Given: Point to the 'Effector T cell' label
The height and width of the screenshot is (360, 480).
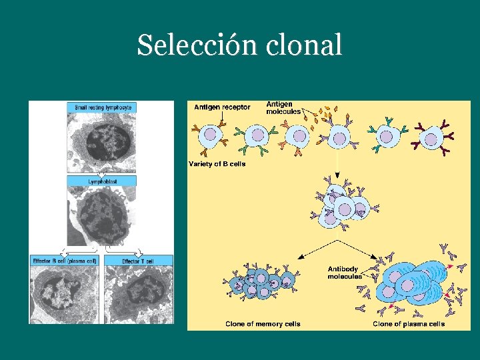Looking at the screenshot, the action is pyautogui.click(x=138, y=261).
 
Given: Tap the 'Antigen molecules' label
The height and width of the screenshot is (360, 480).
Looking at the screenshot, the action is pyautogui.click(x=283, y=107).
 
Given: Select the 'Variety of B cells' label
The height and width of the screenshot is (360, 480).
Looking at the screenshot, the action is pyautogui.click(x=217, y=164).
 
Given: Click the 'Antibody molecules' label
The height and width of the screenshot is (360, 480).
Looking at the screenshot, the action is pyautogui.click(x=345, y=273).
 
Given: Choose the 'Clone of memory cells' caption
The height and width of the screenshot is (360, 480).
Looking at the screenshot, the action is pyautogui.click(x=263, y=324).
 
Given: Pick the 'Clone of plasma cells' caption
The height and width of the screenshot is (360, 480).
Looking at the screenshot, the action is pyautogui.click(x=409, y=324).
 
